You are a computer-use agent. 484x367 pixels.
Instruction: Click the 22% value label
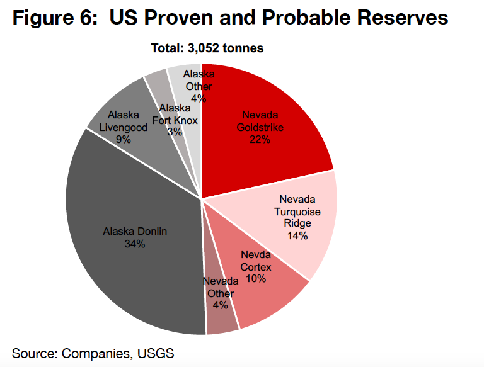point(260,140)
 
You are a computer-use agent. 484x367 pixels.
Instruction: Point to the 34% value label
point(135,244)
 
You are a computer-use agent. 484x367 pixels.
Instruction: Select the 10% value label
point(256,278)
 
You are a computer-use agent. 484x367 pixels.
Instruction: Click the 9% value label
point(124,139)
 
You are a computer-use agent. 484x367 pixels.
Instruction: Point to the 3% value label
point(175,132)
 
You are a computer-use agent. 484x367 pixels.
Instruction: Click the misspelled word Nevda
point(256,255)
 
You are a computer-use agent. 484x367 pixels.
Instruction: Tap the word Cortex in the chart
point(256,266)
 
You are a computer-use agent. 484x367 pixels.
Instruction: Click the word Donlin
point(153,231)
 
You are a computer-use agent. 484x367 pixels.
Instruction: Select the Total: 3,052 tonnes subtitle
point(207,48)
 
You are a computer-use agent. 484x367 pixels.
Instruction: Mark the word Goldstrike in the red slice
point(260,127)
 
